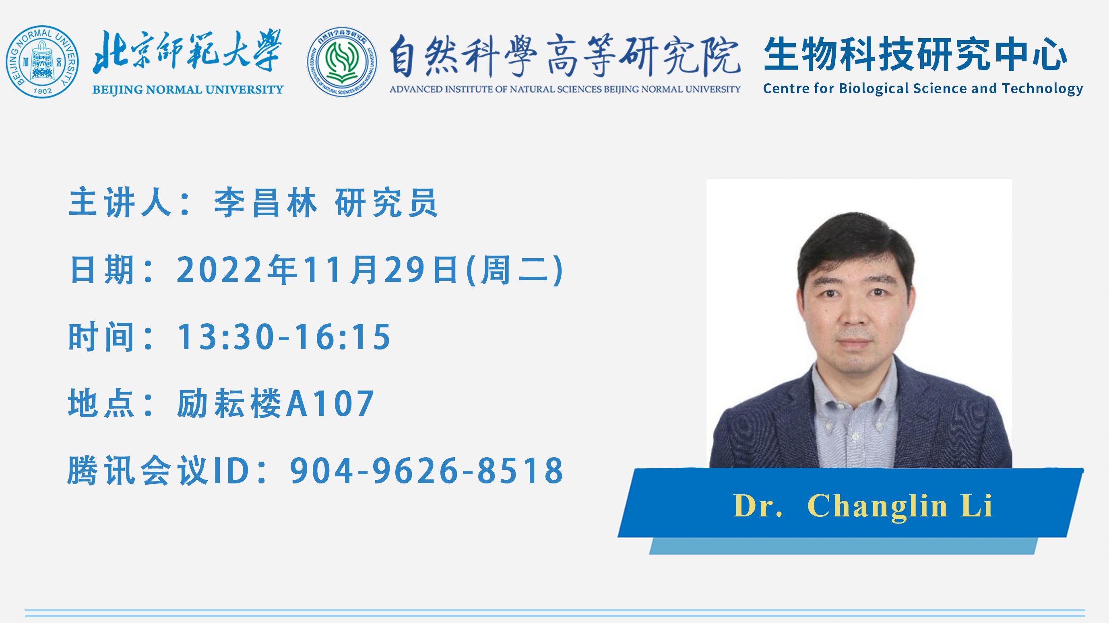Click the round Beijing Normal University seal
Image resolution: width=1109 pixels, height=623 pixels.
(42, 62)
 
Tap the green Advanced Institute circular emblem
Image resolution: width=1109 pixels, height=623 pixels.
(342, 62)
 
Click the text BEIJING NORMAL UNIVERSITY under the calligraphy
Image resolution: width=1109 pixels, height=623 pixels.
(188, 90)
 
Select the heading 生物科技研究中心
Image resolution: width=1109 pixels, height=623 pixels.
(916, 54)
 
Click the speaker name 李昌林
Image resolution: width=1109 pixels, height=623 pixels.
(266, 203)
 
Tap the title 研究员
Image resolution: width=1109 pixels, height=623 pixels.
(386, 203)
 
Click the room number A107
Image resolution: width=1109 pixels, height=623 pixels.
(330, 403)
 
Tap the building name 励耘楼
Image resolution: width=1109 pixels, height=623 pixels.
(229, 403)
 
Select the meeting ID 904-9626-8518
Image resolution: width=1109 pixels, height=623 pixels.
(427, 471)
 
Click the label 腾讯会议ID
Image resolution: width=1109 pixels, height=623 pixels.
(159, 471)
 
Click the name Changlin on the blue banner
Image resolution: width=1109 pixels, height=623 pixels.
(878, 506)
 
